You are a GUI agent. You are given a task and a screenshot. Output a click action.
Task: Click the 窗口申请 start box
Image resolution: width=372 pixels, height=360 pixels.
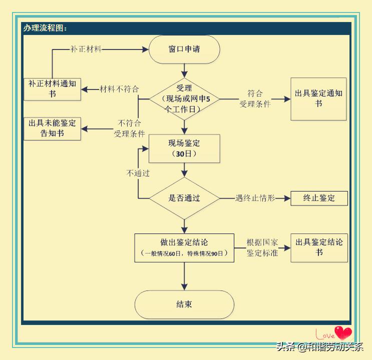point(184,49)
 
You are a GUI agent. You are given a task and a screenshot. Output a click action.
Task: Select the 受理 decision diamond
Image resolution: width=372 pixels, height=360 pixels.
point(184,99)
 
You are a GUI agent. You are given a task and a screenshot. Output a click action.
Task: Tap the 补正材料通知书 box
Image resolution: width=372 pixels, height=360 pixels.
point(52,88)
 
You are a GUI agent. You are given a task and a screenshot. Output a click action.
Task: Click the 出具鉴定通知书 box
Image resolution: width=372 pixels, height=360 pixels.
point(318,98)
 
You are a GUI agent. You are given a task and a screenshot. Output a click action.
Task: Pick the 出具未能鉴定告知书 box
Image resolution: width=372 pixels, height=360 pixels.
point(52,128)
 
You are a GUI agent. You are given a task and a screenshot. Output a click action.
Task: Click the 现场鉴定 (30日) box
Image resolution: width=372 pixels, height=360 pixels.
point(184,148)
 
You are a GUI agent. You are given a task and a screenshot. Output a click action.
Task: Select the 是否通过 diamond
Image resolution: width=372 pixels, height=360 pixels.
point(184,198)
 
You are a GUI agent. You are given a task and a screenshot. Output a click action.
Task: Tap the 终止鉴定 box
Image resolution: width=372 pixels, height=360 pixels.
point(319,198)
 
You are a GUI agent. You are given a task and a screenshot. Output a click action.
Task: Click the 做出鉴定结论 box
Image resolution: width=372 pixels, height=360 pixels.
point(184,247)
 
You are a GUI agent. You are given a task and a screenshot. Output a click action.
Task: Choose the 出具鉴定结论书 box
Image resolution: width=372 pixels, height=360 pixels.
point(319,247)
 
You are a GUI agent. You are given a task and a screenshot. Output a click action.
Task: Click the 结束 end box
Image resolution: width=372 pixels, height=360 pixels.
point(184,304)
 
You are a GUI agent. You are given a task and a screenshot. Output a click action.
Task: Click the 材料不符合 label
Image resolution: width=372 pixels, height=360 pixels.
point(119,89)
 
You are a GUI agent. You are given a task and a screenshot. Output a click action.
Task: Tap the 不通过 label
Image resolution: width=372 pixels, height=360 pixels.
point(138,173)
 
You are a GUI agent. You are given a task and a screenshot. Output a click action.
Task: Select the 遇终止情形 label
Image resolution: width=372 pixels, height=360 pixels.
point(255,198)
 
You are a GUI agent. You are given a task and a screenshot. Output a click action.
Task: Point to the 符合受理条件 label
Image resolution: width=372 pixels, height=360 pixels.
point(255,99)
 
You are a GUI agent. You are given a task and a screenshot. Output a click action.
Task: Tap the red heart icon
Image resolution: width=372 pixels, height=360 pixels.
point(343,332)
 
